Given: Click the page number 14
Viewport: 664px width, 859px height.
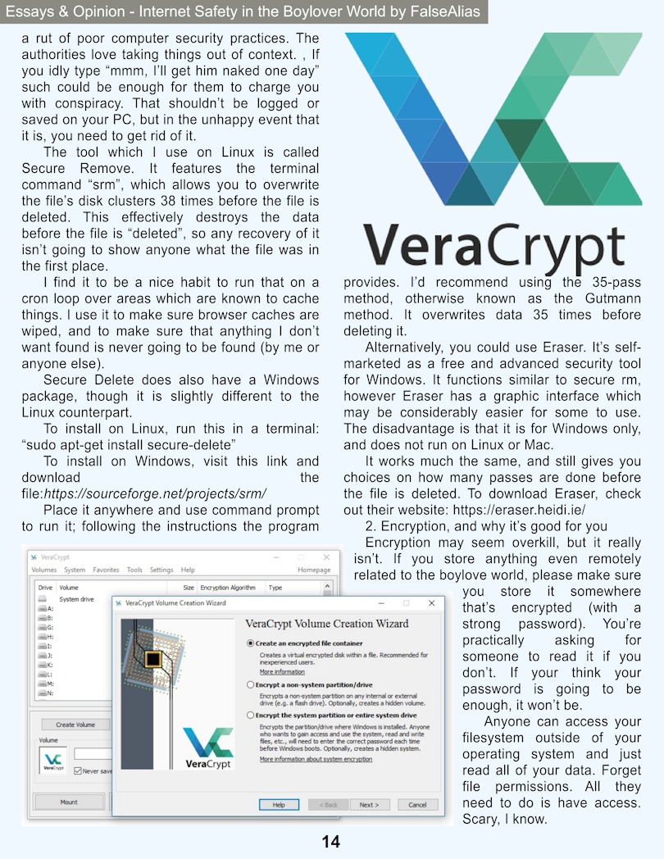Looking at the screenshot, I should pyautogui.click(x=330, y=842).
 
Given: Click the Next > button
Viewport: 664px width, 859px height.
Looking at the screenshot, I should pyautogui.click(x=369, y=805).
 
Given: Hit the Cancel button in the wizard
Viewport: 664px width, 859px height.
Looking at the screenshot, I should pyautogui.click(x=417, y=805).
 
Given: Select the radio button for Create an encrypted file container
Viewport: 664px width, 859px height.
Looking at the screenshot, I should pyautogui.click(x=251, y=643).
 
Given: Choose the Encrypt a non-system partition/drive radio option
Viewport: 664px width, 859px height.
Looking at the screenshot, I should pyautogui.click(x=251, y=684).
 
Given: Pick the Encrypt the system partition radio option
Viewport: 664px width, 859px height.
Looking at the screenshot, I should pyautogui.click(x=251, y=715).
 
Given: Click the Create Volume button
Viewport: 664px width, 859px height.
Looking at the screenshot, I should pyautogui.click(x=75, y=725).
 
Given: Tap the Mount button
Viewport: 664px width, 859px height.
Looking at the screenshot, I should pyautogui.click(x=69, y=802).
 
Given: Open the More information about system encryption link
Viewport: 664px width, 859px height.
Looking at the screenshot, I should pyautogui.click(x=316, y=759).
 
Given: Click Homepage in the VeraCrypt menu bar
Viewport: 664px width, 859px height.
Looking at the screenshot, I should pyautogui.click(x=314, y=570).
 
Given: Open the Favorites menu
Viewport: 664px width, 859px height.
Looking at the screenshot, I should pyautogui.click(x=106, y=570).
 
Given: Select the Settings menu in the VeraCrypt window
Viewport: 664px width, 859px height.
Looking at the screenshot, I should pyautogui.click(x=161, y=570).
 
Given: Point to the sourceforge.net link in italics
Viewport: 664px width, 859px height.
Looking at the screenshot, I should pyautogui.click(x=155, y=493).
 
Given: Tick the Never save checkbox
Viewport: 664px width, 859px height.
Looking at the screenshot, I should pyautogui.click(x=78, y=771).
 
